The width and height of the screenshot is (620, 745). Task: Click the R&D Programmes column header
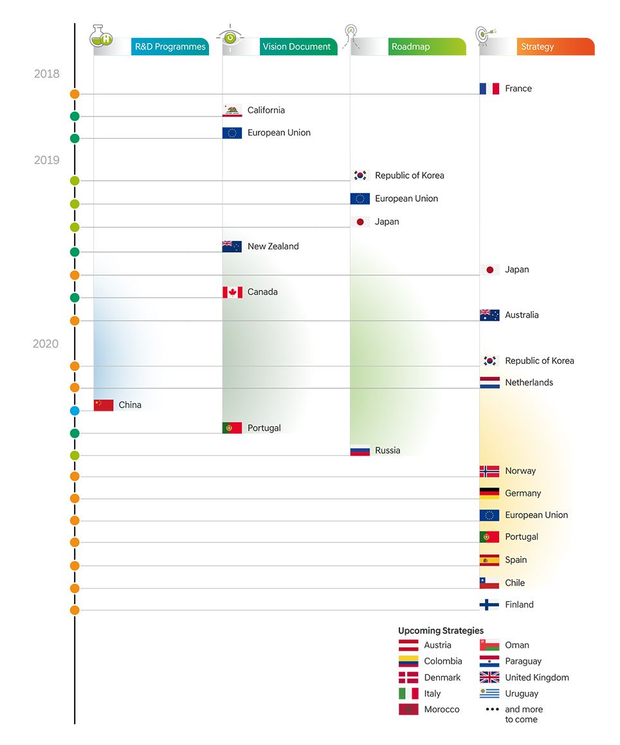[170, 47]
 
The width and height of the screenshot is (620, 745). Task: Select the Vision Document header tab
[296, 47]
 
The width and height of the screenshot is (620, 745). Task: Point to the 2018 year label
[47, 74]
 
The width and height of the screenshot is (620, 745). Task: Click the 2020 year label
[46, 344]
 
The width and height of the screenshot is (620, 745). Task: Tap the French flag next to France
[489, 89]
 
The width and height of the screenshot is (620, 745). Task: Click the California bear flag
[232, 111]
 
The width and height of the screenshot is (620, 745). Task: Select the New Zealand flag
[232, 246]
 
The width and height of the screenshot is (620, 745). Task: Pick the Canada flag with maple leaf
[232, 292]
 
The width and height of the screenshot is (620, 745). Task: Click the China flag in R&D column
[104, 405]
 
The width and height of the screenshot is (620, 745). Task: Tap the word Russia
[388, 451]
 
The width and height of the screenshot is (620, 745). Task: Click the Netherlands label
[529, 382]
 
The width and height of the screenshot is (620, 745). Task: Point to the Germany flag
[489, 493]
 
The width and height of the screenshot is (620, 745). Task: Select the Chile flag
[489, 583]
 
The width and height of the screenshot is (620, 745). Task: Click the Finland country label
[520, 605]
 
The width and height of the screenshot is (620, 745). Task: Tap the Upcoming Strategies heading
[441, 631]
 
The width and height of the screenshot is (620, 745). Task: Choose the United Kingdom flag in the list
[489, 678]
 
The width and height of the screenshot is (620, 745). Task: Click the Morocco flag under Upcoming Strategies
[408, 710]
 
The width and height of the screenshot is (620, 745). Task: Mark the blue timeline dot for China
[75, 411]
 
